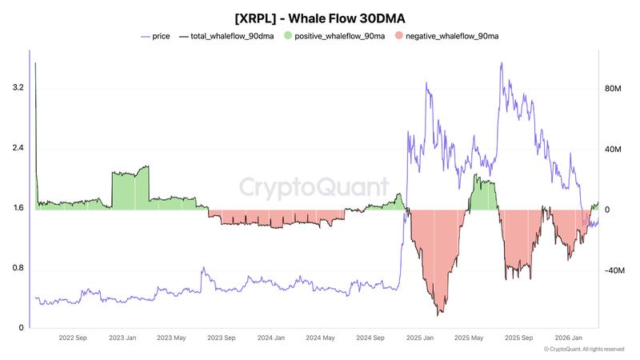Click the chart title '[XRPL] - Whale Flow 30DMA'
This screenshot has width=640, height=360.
tap(319, 16)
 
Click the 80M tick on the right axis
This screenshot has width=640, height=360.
tap(613, 88)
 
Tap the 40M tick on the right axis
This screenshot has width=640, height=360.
tap(613, 149)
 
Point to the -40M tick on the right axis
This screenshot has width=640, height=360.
tap(613, 270)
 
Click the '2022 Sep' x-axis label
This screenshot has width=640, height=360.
tap(73, 338)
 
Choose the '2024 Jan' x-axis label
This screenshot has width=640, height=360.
tap(271, 338)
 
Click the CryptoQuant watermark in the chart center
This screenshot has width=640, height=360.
tap(314, 187)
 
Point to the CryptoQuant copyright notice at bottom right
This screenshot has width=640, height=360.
tap(583, 350)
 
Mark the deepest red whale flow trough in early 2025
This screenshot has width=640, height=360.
tap(438, 314)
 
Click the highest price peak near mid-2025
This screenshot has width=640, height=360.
tap(501, 63)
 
